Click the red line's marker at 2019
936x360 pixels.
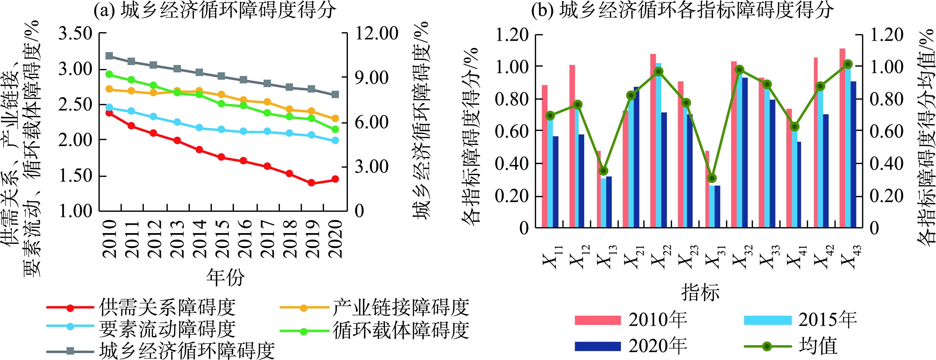click(x=311, y=183)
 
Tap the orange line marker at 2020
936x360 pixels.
click(x=335, y=118)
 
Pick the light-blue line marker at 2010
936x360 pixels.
click(x=109, y=107)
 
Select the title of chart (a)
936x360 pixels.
click(x=215, y=10)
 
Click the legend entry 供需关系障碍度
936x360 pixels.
click(x=167, y=307)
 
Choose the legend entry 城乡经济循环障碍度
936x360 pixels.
click(x=187, y=351)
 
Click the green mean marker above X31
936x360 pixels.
click(x=712, y=178)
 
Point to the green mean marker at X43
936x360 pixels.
click(x=848, y=64)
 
